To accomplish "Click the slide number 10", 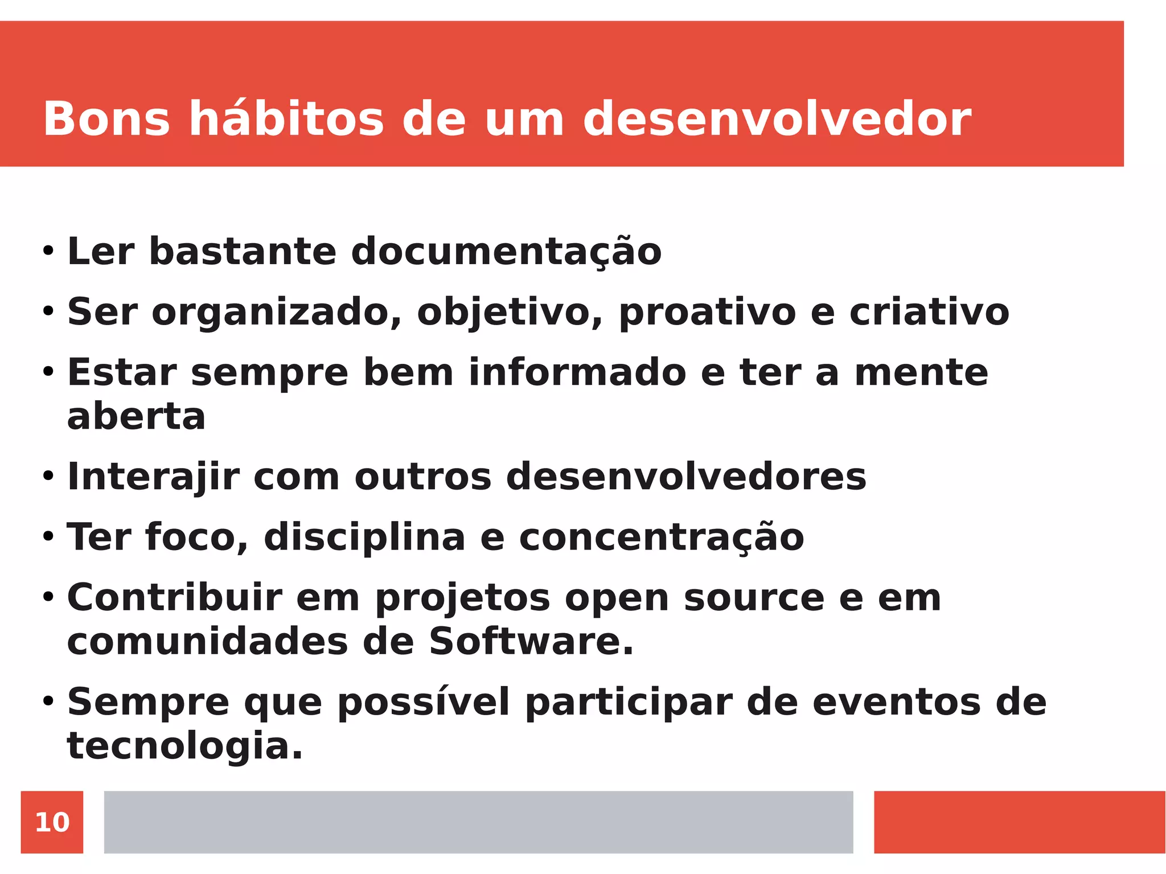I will coord(52,822).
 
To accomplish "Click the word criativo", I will coord(929,312).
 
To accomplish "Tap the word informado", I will coord(577,372).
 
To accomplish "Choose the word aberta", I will coord(136,416).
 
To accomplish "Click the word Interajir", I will coord(153,477).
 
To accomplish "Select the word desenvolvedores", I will coord(686,477).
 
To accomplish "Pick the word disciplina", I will coord(364,537).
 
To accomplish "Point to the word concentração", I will coord(662,537).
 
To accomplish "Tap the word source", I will coord(754,597).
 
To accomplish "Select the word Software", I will coord(531,642).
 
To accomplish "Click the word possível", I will coord(424,702).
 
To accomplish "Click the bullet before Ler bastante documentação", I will coord(48,251).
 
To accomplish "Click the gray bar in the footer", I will coord(478,822).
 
